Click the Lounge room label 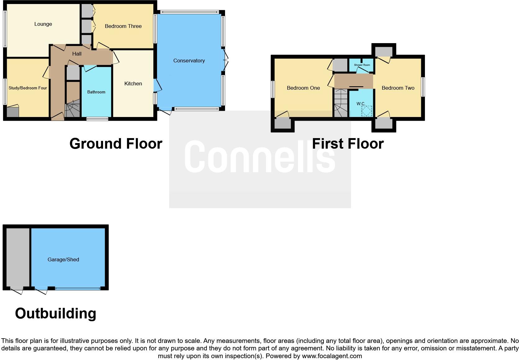(43, 24)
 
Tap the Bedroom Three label (123, 26)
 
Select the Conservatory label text (189, 61)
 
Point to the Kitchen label (133, 84)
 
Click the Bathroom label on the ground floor (96, 92)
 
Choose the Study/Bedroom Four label (28, 88)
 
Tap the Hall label (77, 54)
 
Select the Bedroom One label (303, 88)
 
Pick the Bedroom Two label (398, 88)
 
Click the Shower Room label (362, 65)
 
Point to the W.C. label (360, 104)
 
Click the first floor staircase (341, 103)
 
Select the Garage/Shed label (63, 260)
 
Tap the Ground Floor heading (116, 144)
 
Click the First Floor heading (348, 144)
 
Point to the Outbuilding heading (56, 313)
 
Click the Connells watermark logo (260, 156)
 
